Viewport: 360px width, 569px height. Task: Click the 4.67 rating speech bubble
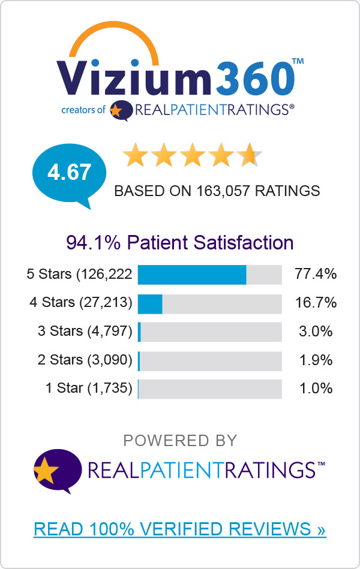click(69, 173)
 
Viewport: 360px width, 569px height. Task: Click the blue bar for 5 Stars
click(192, 275)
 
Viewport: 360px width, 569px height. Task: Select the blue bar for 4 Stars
click(150, 303)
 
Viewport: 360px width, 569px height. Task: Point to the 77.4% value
click(316, 275)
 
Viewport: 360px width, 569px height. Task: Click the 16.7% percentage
click(316, 303)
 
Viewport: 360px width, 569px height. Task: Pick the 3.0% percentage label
click(316, 332)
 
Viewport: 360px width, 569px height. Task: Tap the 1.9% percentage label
click(316, 360)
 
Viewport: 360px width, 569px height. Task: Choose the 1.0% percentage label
click(316, 388)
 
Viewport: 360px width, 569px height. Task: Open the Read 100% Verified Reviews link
click(180, 529)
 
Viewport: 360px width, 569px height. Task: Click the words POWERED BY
click(180, 441)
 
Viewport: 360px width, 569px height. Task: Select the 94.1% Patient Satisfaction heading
click(180, 243)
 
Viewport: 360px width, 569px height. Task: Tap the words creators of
click(83, 110)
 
